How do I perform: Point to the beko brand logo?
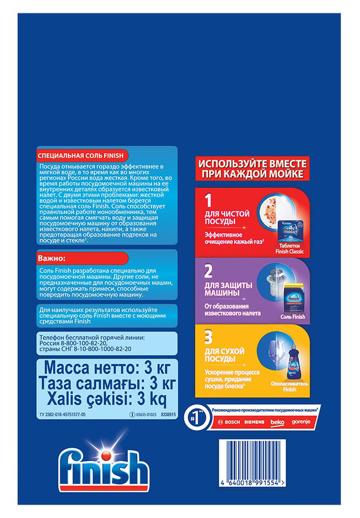[x=277, y=422]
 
